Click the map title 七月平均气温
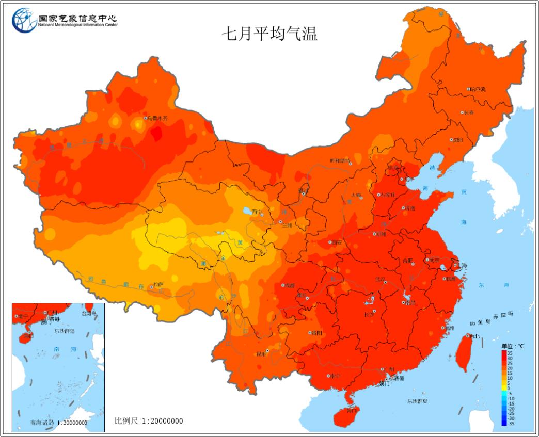pyautogui.click(x=269, y=34)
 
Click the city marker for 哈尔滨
pyautogui.click(x=469, y=89)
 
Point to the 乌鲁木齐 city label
pyautogui.click(x=158, y=119)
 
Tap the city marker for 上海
pyautogui.click(x=455, y=266)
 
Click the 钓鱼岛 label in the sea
pyautogui.click(x=479, y=323)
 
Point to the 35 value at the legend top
pyautogui.click(x=510, y=352)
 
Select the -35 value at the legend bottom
pyautogui.click(x=510, y=423)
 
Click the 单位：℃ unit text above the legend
pyautogui.click(x=512, y=346)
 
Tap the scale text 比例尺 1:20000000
pyautogui.click(x=149, y=421)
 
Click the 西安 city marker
pyautogui.click(x=330, y=242)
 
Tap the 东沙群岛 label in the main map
pyautogui.click(x=417, y=401)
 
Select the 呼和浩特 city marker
pyautogui.click(x=350, y=164)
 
